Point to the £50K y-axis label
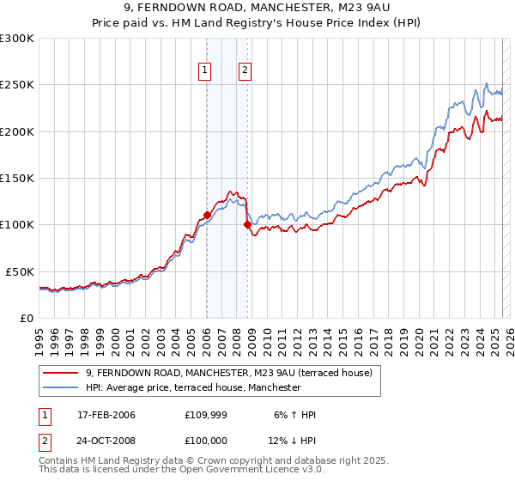pos(20,271)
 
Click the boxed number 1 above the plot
pos(206,71)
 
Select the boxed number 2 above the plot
pos(245,71)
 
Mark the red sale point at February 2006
pos(207,216)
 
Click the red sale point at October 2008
pos(247,225)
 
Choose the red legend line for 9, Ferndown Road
pos(61,373)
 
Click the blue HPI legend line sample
pos(61,387)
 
